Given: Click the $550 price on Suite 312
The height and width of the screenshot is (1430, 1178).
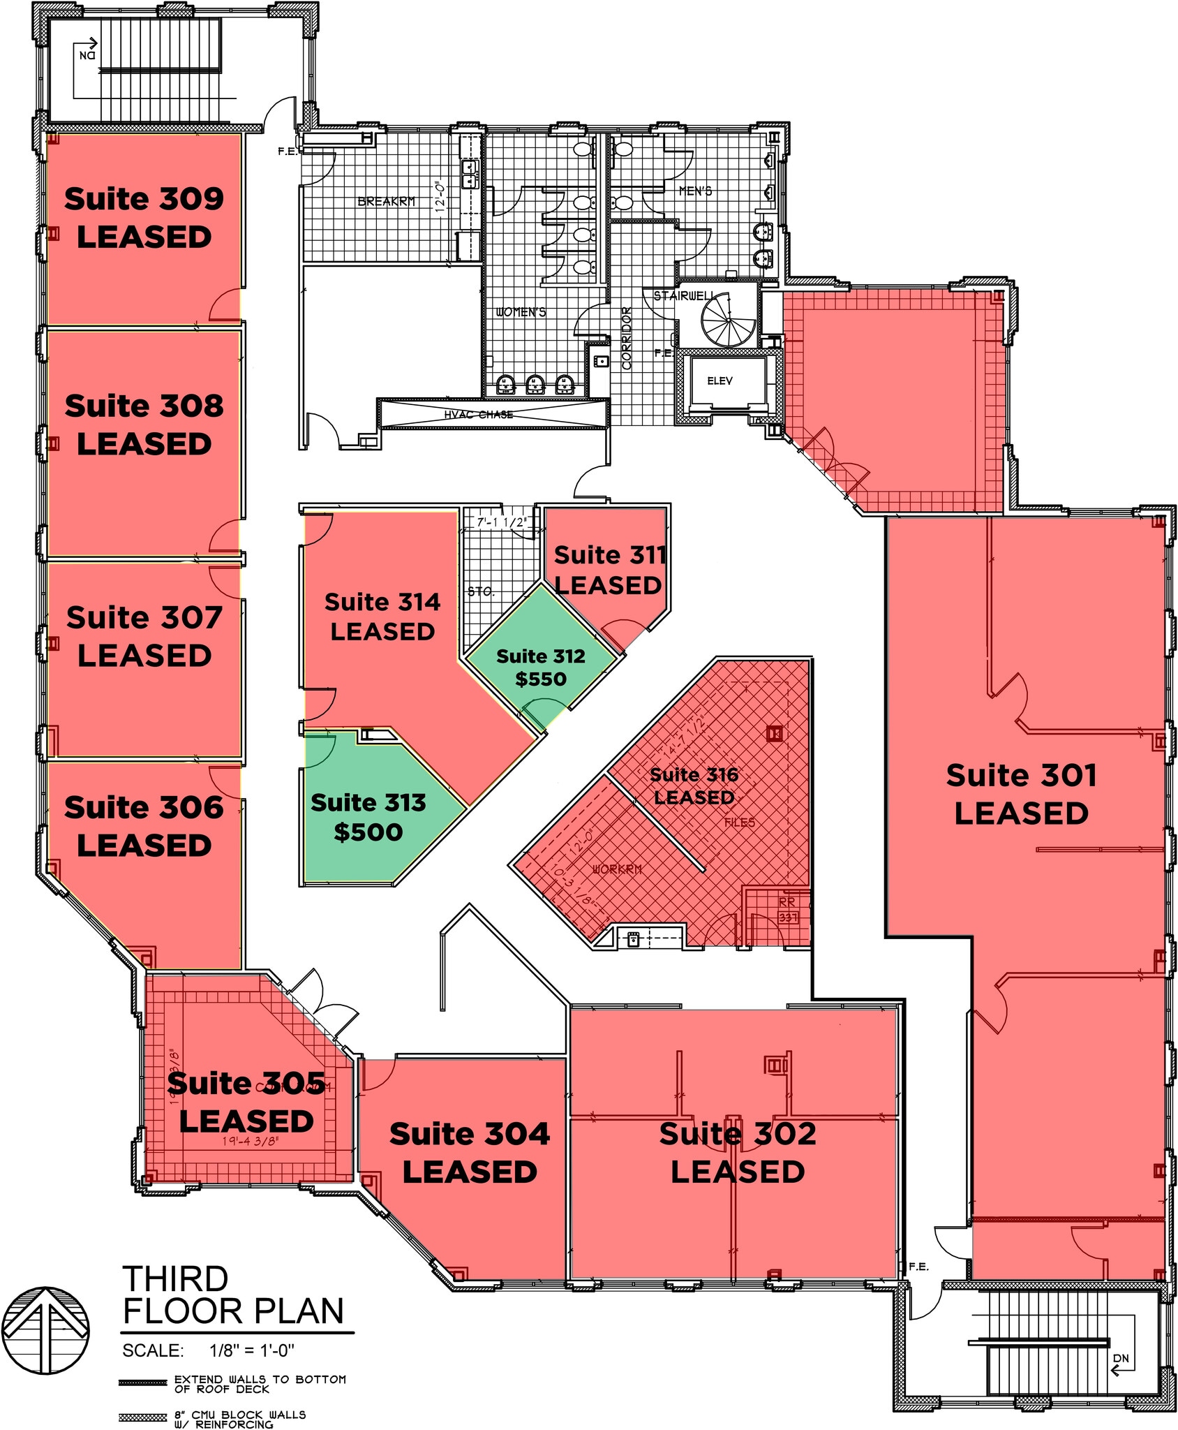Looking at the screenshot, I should coord(541,679).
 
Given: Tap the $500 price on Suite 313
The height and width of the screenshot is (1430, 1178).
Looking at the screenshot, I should coord(368,832).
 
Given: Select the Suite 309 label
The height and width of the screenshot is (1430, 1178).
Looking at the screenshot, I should coord(144,199).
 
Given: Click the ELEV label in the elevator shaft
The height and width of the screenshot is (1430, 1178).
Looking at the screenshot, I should coord(720,381).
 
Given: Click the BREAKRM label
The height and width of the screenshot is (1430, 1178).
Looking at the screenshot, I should coord(386,201).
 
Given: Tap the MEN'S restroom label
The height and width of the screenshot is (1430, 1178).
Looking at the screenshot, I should coord(695,191).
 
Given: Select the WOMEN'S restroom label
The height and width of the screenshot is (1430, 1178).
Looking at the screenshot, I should coord(521,311).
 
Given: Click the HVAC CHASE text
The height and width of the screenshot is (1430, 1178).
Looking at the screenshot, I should coord(478,415).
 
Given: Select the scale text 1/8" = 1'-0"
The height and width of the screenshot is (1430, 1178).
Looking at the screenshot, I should coord(252,1350).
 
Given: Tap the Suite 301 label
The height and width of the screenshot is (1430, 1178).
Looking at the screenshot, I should coord(1021,776).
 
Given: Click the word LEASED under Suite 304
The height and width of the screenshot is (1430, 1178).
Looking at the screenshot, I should coord(470,1172).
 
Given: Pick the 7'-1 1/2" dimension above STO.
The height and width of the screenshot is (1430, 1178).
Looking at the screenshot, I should coord(500,522).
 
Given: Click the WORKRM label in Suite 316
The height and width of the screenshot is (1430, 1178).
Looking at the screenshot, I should coord(617,869).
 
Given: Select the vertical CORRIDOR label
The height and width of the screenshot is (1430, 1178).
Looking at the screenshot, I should coord(626,338).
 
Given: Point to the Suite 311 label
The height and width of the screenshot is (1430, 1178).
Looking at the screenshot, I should coord(610,555).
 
